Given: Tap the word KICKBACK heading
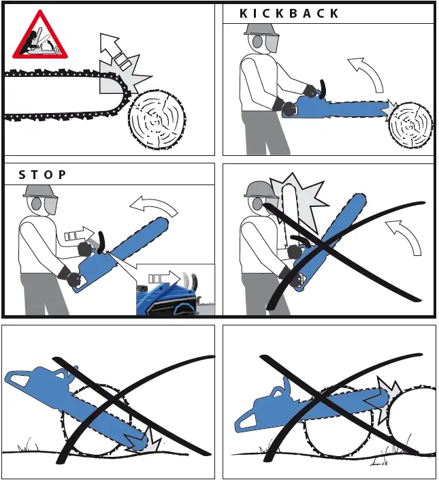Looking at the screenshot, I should (289, 14).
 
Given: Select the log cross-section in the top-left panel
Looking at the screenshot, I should (157, 118).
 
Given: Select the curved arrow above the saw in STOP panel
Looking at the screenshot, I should (152, 205).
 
